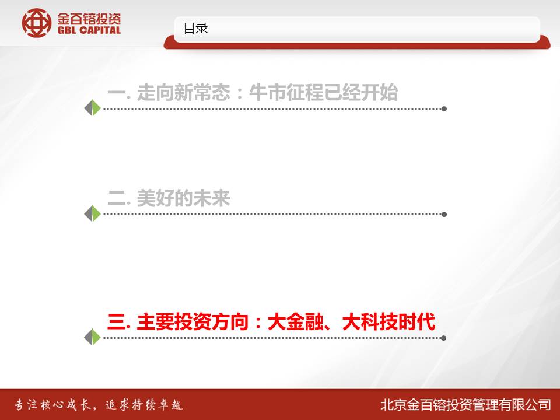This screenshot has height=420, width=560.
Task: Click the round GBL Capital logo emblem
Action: click(x=36, y=23)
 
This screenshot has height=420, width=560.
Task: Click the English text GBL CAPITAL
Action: click(x=89, y=30)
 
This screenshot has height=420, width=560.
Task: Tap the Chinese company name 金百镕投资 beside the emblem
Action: click(x=89, y=19)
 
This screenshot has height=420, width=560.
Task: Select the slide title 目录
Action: click(x=195, y=28)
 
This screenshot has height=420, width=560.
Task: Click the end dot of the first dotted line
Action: click(x=444, y=109)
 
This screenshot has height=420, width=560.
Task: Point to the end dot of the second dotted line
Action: click(x=444, y=215)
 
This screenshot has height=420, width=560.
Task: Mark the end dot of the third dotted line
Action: click(x=443, y=338)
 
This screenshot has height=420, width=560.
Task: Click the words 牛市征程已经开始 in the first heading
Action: click(x=323, y=93)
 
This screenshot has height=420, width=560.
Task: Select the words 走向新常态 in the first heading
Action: click(x=184, y=93)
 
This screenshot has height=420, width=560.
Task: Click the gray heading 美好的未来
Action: click(x=184, y=198)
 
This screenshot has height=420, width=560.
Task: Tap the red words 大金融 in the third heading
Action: click(x=295, y=322)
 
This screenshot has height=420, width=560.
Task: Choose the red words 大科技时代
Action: click(x=388, y=322)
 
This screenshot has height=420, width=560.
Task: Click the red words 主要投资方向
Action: click(x=193, y=322)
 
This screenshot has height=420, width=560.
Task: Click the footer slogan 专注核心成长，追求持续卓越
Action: click(x=99, y=405)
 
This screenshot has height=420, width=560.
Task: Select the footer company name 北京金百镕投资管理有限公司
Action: click(x=466, y=405)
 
